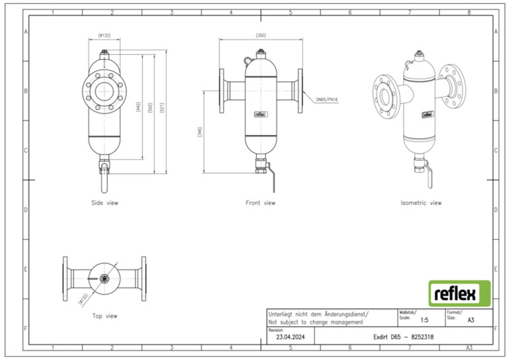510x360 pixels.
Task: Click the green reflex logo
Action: tap(459, 293)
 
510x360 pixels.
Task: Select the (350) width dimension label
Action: tap(261, 35)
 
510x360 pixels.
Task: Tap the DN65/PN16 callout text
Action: tap(327, 100)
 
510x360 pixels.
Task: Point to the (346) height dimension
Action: tap(200, 132)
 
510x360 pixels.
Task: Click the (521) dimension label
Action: tap(162, 108)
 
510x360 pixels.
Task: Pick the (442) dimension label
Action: tap(138, 107)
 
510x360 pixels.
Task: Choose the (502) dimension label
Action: tap(150, 108)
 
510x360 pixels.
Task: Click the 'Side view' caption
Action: tap(105, 203)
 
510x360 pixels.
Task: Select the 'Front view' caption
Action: tap(260, 203)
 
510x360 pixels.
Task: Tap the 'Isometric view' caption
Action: tap(421, 203)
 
